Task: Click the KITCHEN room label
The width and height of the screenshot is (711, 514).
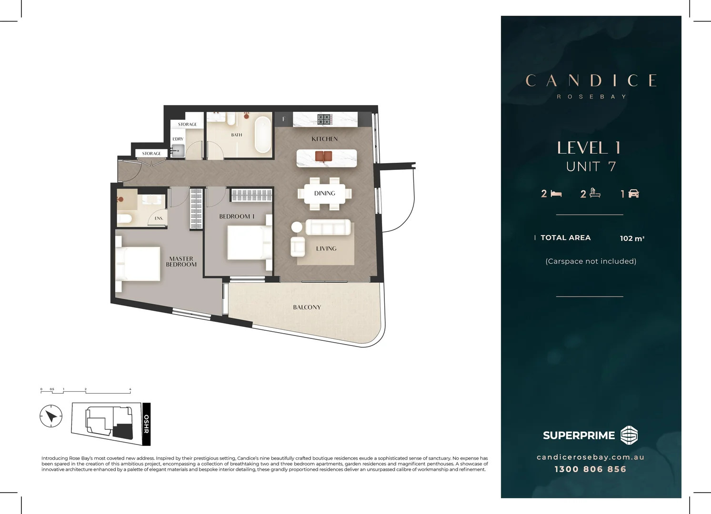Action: point(324,139)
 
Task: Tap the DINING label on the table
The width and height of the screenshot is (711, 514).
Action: point(324,193)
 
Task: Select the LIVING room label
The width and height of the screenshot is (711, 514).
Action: point(326,248)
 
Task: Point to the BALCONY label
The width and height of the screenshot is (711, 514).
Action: point(307,307)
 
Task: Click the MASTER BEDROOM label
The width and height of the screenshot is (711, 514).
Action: point(181,262)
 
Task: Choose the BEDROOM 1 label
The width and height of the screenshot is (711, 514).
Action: point(237,217)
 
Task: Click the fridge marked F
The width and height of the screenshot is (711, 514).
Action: point(283,119)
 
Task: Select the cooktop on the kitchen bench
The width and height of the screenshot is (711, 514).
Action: point(324,119)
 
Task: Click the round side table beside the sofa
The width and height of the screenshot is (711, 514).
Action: point(297,227)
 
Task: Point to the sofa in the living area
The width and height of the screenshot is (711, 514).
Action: point(328,227)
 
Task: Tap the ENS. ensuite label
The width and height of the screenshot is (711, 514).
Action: point(159,218)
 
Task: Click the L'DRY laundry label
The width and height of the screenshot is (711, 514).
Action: point(178,139)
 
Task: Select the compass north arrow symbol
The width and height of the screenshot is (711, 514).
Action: point(51,416)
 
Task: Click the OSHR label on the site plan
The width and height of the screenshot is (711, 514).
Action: point(147,424)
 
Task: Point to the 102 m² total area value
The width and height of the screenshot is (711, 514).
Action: point(632,238)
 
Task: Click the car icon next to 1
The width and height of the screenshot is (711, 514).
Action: point(634,194)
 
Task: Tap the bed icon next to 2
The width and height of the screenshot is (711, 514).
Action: point(556,194)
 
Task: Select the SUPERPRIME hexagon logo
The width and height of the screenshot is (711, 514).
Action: point(629,435)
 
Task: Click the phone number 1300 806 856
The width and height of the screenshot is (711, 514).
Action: point(590,469)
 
